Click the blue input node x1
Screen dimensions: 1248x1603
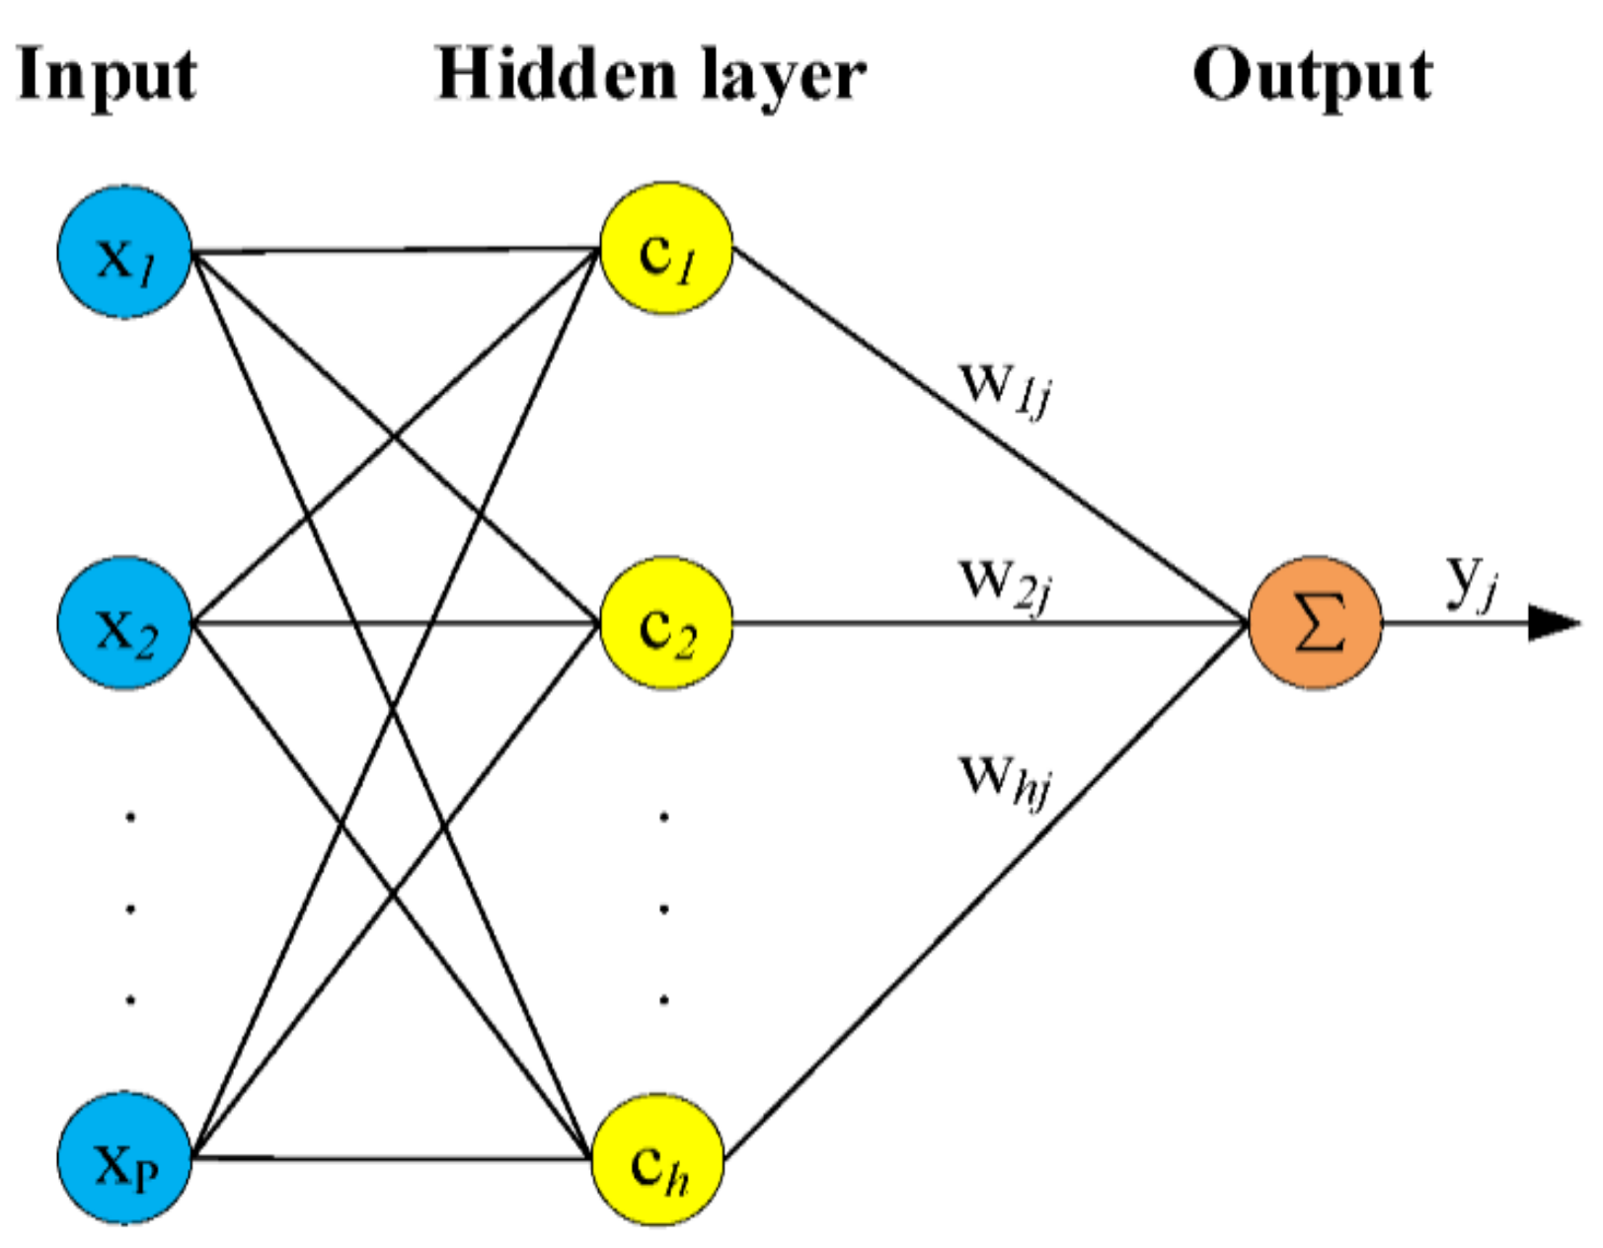tap(124, 253)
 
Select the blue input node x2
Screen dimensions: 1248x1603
tap(124, 623)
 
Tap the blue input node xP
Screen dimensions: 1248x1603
tap(124, 1158)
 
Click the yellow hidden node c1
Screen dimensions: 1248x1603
tap(666, 249)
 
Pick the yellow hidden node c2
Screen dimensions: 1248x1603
tap(666, 623)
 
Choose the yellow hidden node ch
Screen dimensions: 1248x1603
tap(658, 1160)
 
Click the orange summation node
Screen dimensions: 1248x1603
tap(1316, 623)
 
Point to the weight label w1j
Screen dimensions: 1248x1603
tap(1005, 388)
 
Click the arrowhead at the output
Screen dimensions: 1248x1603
tap(1555, 623)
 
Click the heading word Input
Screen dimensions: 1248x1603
tap(108, 76)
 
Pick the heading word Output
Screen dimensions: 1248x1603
tap(1313, 76)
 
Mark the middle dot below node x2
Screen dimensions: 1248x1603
tap(130, 908)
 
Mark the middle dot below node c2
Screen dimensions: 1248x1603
tap(664, 908)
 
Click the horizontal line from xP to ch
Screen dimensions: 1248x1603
tap(395, 1158)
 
